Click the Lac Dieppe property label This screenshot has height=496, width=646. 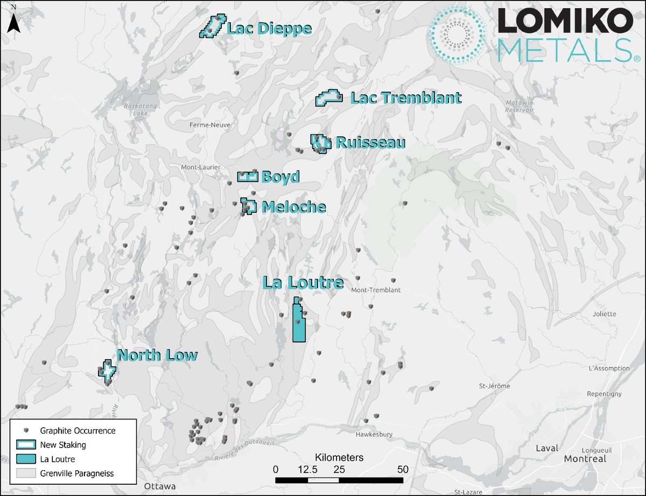[x=269, y=29]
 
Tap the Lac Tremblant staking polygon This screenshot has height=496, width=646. [x=328, y=99]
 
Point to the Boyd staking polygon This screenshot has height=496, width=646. [x=248, y=177]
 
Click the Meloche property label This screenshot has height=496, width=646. [x=293, y=207]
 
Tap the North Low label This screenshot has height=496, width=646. [x=157, y=355]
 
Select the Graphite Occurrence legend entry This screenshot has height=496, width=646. [x=78, y=430]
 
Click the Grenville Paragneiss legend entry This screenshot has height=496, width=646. [x=80, y=473]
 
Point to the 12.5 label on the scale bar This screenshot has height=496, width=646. [x=307, y=469]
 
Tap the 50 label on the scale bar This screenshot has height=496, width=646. [x=403, y=469]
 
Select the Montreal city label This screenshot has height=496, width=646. [x=585, y=459]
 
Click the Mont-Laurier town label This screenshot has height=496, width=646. [x=200, y=167]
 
